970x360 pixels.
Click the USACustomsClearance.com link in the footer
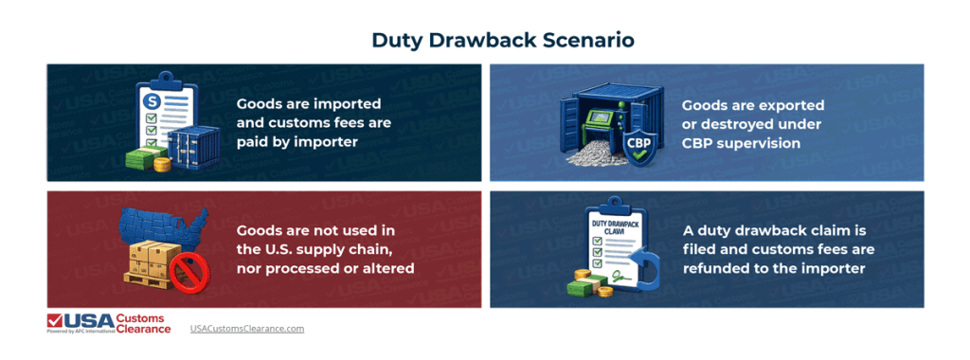click(x=246, y=328)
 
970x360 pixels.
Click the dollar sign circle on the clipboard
click(x=150, y=99)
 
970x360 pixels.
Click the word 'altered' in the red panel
click(x=388, y=269)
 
